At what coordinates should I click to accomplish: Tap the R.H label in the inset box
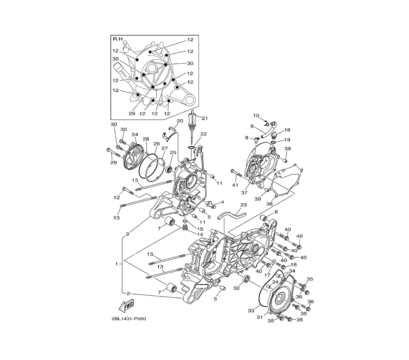[x=118, y=39]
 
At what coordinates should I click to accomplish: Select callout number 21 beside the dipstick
[x=204, y=119]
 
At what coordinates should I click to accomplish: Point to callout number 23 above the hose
[x=243, y=205]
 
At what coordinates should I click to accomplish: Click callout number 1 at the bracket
[x=117, y=264]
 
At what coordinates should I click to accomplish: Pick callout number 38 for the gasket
[x=270, y=203]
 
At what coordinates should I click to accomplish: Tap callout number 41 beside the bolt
[x=235, y=184]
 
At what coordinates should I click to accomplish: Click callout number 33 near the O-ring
[x=251, y=310]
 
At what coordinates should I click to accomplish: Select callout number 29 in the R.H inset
[x=132, y=113]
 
